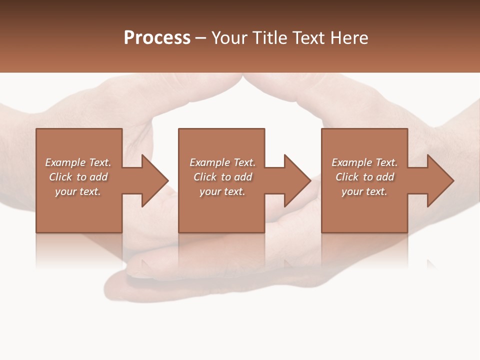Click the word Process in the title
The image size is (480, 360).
[x=157, y=38]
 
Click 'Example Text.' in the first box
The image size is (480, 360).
[x=78, y=162]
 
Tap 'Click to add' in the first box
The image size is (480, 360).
[x=78, y=177]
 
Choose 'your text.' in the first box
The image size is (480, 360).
[x=78, y=191]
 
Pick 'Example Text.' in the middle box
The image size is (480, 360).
[x=222, y=162]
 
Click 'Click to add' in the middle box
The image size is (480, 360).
[x=222, y=177]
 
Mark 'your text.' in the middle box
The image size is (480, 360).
[x=222, y=191]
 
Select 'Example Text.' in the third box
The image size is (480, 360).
[x=364, y=162]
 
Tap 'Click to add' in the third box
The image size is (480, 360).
[x=364, y=177]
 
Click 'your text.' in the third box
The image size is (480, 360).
[x=364, y=191]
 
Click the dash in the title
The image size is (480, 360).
[x=200, y=38]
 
